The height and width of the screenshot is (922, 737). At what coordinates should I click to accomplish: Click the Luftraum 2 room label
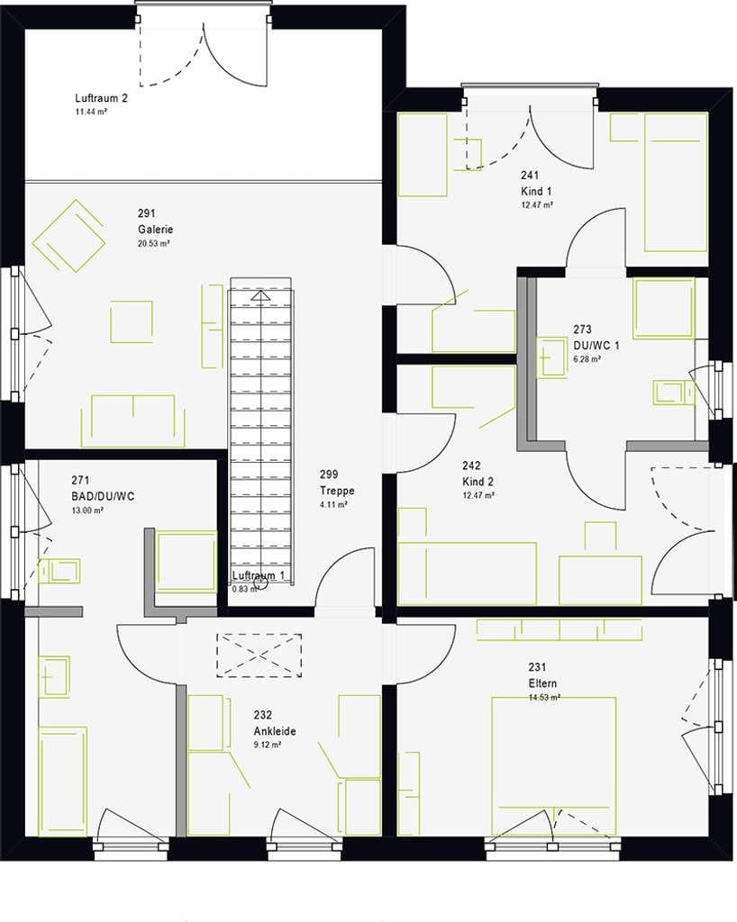(101, 98)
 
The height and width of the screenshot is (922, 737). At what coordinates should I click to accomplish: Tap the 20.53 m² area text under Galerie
(154, 243)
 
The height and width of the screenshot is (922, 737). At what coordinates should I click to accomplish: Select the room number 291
(147, 212)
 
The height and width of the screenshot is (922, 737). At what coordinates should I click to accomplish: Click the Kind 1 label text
(536, 191)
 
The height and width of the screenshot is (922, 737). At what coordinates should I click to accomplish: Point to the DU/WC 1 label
(596, 345)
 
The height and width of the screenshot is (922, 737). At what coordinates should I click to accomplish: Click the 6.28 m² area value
(587, 359)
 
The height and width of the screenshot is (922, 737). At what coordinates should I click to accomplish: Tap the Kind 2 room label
(478, 482)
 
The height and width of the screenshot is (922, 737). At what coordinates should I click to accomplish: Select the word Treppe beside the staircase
(337, 491)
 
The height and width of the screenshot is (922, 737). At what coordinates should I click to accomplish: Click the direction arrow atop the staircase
(260, 295)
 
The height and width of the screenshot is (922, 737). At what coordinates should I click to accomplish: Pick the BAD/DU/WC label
(103, 496)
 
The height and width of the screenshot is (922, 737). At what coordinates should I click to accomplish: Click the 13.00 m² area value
(87, 511)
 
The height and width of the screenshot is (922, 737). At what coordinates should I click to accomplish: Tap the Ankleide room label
(275, 731)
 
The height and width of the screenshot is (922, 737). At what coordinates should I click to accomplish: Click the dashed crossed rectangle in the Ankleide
(259, 655)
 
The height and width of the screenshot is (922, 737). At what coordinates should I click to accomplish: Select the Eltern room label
(542, 683)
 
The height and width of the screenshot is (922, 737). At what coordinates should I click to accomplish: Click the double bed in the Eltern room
(553, 765)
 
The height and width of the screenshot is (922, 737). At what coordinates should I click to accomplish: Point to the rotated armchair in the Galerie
(68, 236)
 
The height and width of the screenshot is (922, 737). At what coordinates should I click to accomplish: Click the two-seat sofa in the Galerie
(133, 420)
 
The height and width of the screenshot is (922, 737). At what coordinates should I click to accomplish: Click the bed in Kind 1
(676, 182)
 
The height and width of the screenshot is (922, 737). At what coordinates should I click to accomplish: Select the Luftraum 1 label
(259, 575)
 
